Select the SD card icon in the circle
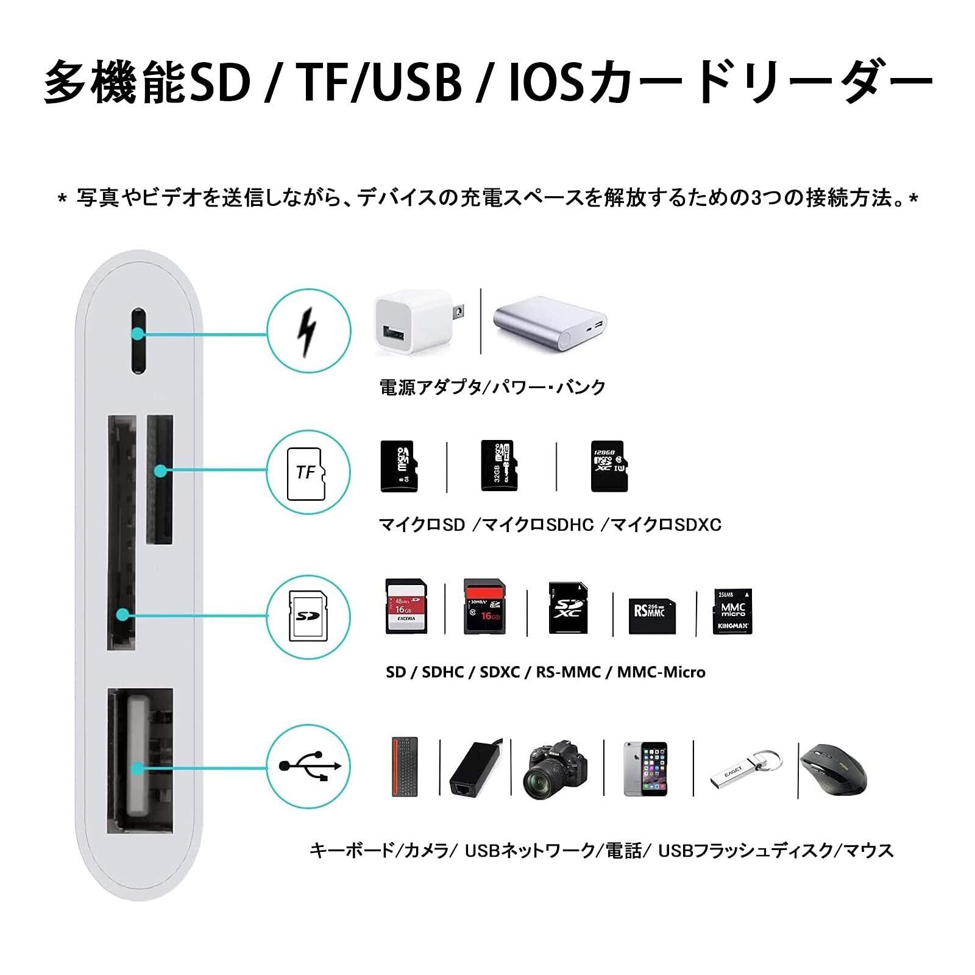point(308,615)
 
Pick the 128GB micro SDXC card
point(608,466)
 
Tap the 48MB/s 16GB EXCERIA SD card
point(406,606)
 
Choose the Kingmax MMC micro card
point(733,611)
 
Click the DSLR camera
point(555,769)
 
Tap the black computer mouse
point(832,770)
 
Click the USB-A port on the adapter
point(140,760)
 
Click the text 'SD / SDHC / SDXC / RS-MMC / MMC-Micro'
point(545,672)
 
